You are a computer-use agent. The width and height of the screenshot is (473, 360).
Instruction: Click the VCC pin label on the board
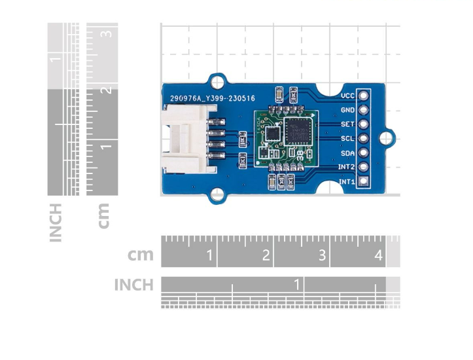click(x=347, y=96)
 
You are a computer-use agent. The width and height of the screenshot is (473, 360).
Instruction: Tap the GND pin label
click(x=347, y=110)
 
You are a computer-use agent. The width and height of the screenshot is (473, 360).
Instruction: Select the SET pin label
click(x=347, y=124)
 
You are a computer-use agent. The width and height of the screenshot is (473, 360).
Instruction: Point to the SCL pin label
click(x=347, y=139)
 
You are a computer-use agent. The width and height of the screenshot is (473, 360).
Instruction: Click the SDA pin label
click(x=347, y=153)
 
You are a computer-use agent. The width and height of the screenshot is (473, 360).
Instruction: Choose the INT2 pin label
click(x=346, y=168)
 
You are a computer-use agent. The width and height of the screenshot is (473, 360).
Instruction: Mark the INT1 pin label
click(x=346, y=182)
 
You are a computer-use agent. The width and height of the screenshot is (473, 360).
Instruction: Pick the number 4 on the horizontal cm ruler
click(x=379, y=255)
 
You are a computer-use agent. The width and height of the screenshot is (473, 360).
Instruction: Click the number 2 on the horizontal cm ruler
click(x=266, y=255)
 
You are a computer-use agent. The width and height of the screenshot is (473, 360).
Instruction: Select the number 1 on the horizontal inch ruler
click(x=298, y=285)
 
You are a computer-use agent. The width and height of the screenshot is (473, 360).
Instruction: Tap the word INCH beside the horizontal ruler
click(x=133, y=285)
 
